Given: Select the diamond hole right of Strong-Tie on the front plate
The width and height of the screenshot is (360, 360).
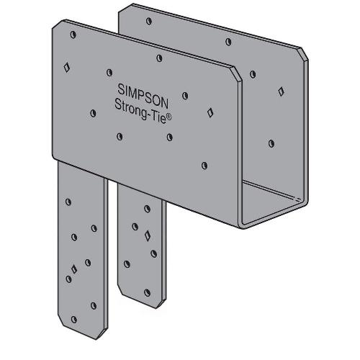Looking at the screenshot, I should tap(210, 112).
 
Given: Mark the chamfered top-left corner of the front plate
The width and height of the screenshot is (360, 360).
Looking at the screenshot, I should tap(56, 27).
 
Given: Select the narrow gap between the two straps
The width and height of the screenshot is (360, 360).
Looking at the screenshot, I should tap(112, 238).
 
